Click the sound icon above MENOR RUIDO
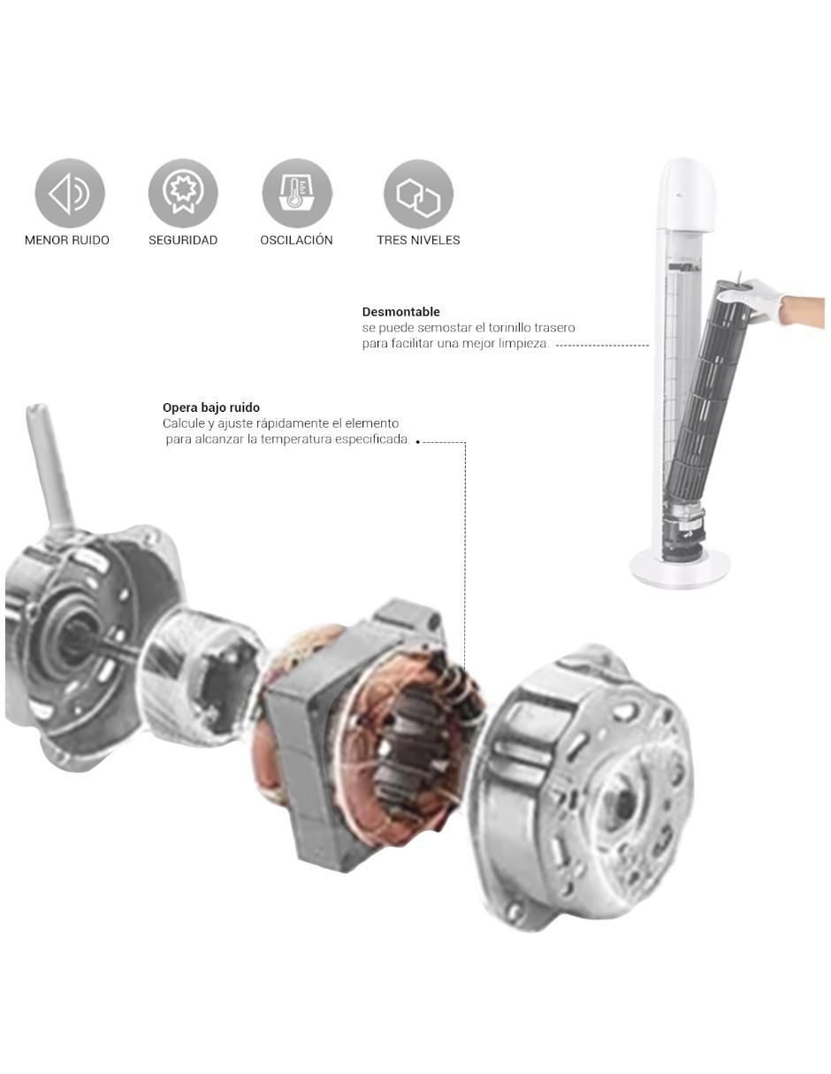point(70,194)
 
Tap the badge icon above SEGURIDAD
point(183,194)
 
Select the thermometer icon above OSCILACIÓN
point(297,194)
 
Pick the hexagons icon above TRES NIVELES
point(418,194)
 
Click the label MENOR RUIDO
point(67,240)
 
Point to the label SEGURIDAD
point(183,240)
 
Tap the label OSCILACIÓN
point(296,240)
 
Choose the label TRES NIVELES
point(418,240)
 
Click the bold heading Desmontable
point(400,312)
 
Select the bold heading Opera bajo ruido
point(211,408)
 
